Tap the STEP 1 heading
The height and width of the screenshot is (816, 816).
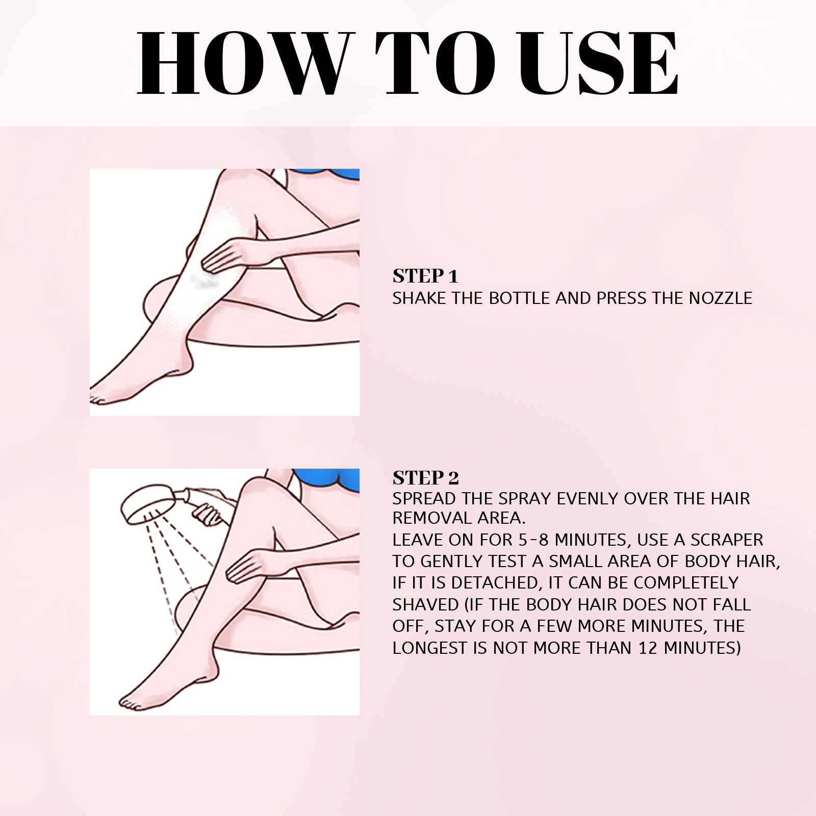click(425, 276)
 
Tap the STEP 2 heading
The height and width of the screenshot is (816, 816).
click(425, 477)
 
